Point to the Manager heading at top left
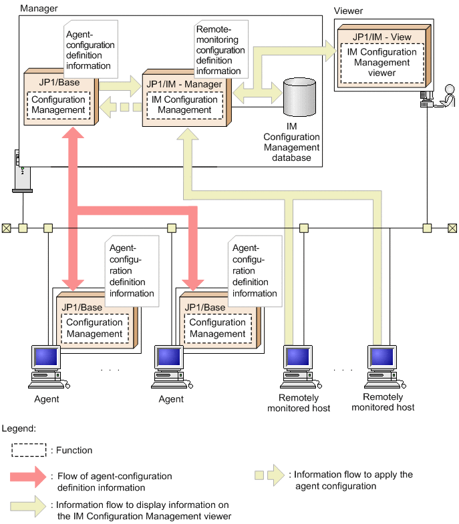tap(39, 8)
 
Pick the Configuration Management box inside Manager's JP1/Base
tap(58, 105)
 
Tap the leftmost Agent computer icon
tap(47, 366)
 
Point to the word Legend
tap(19, 427)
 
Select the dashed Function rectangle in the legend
tap(28, 450)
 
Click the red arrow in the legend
tap(28, 477)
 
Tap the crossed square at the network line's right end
tap(452, 228)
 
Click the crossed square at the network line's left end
tap(6, 228)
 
